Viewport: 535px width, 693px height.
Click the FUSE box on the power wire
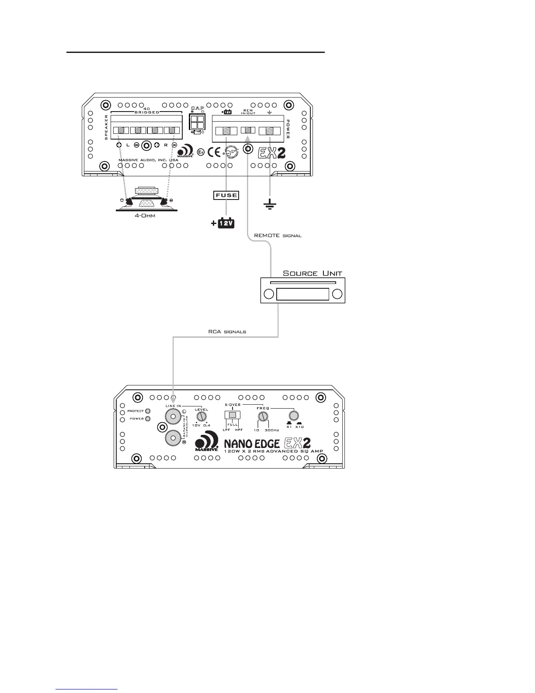[226, 195]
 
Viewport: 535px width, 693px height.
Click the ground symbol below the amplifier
[270, 204]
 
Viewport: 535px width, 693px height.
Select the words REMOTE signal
[278, 235]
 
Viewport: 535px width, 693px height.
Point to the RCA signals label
[227, 332]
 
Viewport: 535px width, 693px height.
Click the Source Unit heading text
[313, 273]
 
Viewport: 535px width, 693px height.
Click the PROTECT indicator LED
[148, 411]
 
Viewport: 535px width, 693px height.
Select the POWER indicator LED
[148, 419]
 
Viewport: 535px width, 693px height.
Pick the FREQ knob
[262, 416]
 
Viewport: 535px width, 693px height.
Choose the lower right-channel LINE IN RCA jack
[173, 438]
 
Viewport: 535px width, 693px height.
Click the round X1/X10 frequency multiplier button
[294, 416]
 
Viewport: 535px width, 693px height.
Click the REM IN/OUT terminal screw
[248, 130]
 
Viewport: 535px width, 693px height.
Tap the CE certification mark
[215, 152]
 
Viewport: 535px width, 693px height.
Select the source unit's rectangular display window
[303, 294]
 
